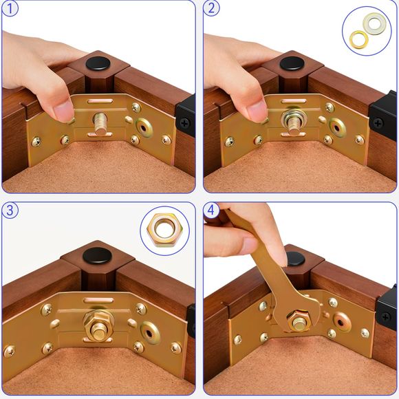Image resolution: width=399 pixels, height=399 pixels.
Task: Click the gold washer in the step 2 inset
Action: pos(358,37)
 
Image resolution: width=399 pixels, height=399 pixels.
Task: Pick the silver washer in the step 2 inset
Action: pos(375,24)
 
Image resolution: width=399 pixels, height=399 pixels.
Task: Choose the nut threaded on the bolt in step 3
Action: pos(94,320)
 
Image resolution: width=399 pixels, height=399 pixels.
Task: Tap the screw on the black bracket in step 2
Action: pos(377,123)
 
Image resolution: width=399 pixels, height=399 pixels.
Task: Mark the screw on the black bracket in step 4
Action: pos(385,317)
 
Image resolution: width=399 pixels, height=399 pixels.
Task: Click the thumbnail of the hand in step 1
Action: pos(64,109)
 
